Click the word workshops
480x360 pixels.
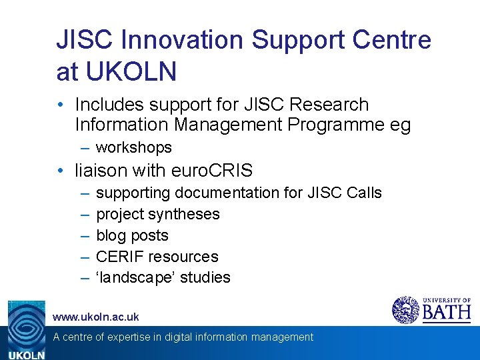[x=134, y=147]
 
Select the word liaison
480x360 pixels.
[x=101, y=171]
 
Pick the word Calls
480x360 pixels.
[x=364, y=193]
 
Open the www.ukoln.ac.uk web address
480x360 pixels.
[x=96, y=317]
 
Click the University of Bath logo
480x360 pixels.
[x=431, y=309]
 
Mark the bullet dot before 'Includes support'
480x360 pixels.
[x=61, y=105]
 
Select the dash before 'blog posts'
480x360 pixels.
[x=85, y=235]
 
